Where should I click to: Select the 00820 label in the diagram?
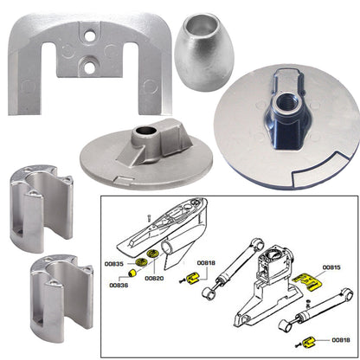point(154,279)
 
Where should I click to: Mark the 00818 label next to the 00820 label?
point(205,262)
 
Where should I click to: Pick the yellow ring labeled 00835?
point(136,263)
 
